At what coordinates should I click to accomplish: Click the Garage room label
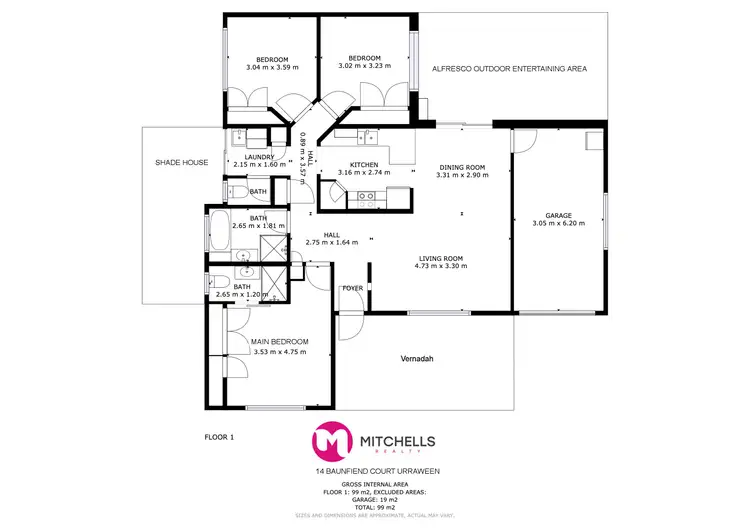tap(558, 215)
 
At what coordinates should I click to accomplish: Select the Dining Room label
tap(460, 167)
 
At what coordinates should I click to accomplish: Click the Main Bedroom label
tap(280, 342)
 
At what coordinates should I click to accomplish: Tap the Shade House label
tap(181, 162)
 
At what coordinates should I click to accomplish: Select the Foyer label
tap(352, 288)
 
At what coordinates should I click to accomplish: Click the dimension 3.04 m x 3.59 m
tap(272, 66)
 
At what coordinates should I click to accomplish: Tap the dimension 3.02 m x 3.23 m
tap(364, 66)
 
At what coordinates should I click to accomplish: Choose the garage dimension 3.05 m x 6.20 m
tap(558, 224)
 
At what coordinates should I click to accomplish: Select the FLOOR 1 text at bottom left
tap(218, 437)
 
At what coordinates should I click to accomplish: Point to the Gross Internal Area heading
tap(377, 483)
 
